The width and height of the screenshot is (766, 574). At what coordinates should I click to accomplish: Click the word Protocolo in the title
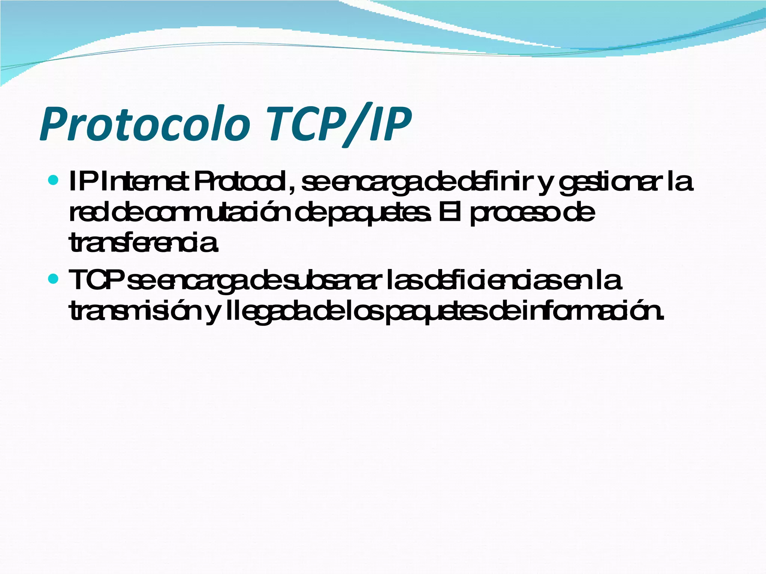point(144,124)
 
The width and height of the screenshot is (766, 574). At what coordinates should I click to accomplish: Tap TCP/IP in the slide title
point(339,124)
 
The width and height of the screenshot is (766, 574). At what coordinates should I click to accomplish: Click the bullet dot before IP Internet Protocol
point(54,181)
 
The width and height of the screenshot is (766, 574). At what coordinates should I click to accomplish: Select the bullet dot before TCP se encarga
point(54,278)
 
